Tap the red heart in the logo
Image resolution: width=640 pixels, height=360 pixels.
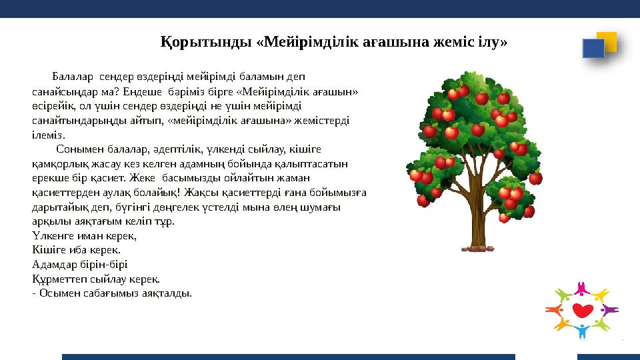tap(583, 311)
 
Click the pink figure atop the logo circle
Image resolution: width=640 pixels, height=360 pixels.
tap(583, 287)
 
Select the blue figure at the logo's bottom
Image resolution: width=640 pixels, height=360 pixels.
tap(583, 331)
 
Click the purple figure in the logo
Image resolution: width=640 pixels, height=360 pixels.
tap(608, 310)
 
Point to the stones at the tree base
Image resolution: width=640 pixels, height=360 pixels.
tap(477, 249)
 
